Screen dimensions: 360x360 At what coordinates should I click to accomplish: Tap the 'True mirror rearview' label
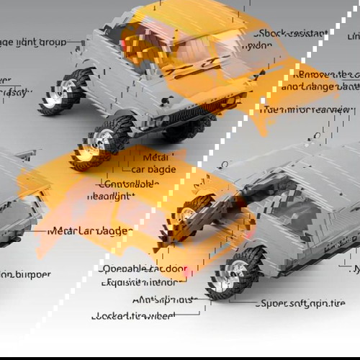click(307, 109)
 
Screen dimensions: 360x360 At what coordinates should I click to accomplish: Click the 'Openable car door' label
click(144, 269)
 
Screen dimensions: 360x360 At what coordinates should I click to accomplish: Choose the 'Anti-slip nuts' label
click(165, 300)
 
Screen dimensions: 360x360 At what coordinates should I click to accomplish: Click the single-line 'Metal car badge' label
click(90, 231)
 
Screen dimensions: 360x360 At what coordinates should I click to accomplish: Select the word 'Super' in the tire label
click(271, 303)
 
